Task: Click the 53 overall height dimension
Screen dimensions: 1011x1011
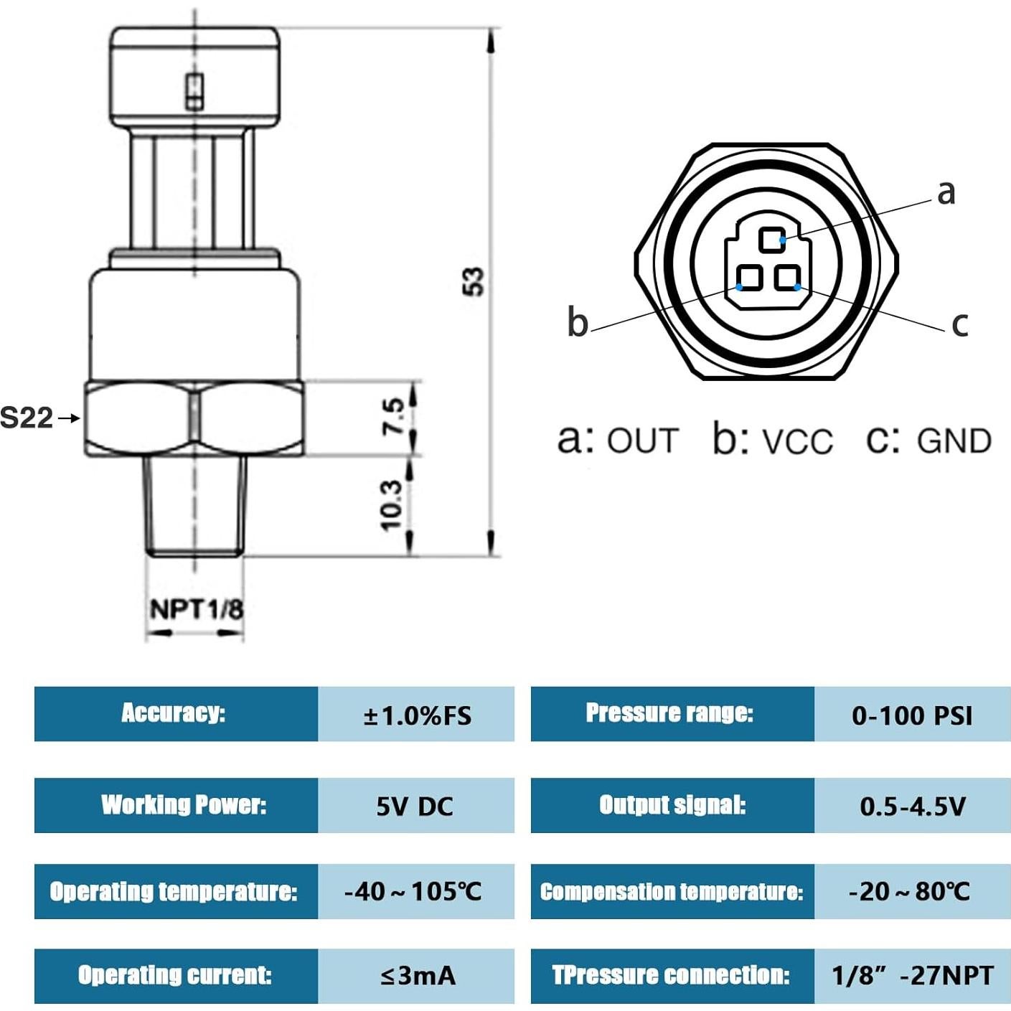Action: coord(473,281)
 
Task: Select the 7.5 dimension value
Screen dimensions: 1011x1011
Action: coord(393,417)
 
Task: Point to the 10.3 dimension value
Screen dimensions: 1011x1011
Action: coord(391,505)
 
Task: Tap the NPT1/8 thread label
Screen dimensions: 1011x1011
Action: coord(196,609)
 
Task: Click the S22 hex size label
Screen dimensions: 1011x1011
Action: coord(27,418)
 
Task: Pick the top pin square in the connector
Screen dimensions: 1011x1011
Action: coord(772,240)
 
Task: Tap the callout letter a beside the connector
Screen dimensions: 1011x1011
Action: coord(946,192)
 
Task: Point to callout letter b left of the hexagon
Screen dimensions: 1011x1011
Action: coord(578,321)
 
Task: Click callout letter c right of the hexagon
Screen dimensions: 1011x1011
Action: coord(959,324)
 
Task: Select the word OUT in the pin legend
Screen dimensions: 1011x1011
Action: coord(642,441)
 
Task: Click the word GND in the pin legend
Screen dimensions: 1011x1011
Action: coord(954,441)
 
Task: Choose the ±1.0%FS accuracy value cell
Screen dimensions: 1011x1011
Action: coord(416,715)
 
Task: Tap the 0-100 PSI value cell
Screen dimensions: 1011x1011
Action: coord(912,715)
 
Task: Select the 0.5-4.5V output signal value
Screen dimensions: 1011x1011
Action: coord(912,806)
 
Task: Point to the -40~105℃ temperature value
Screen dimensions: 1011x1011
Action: coord(413,891)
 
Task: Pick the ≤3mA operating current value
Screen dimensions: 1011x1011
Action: coord(417,975)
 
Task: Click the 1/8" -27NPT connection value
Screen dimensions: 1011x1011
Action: coord(912,975)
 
